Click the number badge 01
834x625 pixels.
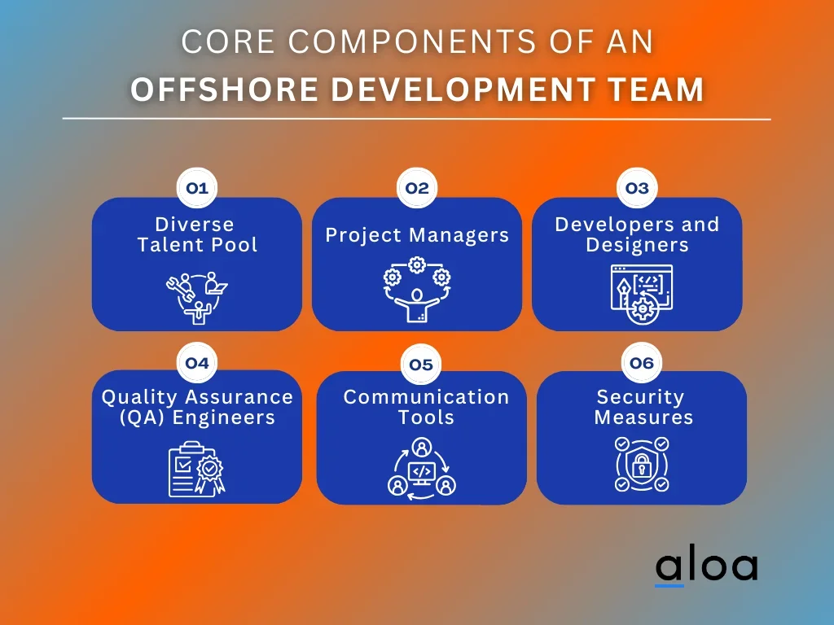pos(197,188)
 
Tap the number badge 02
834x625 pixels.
pos(417,188)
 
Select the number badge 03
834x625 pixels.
pos(637,188)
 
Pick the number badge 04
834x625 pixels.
pos(197,363)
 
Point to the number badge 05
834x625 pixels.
pos(421,365)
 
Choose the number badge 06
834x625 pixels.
pos(642,363)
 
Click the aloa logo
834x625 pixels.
pos(707,567)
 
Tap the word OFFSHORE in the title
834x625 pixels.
pos(225,89)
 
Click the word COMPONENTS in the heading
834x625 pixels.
pos(413,42)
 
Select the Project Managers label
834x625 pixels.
pos(417,235)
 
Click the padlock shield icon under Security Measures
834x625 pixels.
pos(642,465)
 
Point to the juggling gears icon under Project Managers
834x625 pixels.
pos(417,289)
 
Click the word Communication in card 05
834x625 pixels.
pos(426,397)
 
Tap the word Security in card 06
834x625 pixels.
pos(640,397)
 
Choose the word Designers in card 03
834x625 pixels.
pos(637,245)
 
